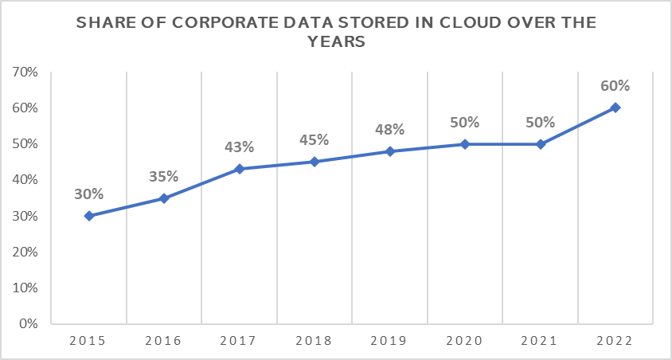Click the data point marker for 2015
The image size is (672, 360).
click(88, 216)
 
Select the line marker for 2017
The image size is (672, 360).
click(239, 169)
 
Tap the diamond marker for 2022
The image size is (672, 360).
click(615, 108)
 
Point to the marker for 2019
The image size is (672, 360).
click(390, 151)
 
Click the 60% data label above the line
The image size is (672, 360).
click(615, 86)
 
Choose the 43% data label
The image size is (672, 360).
click(239, 147)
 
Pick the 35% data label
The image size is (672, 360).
click(164, 177)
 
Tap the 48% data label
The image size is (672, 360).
click(390, 130)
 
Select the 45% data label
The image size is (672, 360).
click(315, 140)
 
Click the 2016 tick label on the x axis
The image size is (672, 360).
click(164, 341)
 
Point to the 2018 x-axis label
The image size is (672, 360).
click(315, 341)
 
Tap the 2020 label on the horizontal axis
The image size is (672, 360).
click(465, 341)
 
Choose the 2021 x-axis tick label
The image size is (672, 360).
click(541, 341)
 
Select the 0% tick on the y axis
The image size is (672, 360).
click(29, 324)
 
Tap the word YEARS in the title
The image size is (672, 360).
click(336, 43)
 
